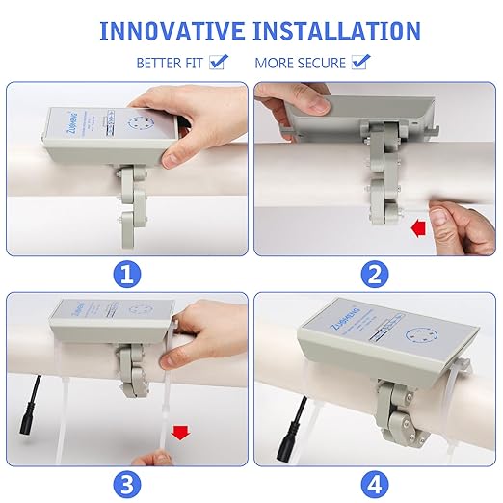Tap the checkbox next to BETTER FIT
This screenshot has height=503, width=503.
(x=219, y=63)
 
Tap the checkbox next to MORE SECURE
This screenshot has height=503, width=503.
(x=361, y=63)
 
